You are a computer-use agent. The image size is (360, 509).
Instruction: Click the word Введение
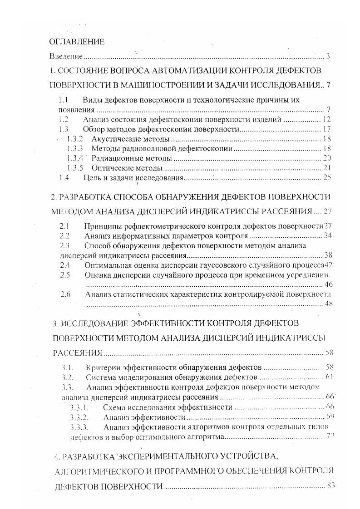(66, 57)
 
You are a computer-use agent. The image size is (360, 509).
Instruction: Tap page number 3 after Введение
(328, 57)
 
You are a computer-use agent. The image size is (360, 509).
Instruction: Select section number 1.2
(63, 120)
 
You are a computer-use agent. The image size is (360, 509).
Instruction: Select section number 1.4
(63, 178)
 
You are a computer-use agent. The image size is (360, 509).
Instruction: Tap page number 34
(328, 236)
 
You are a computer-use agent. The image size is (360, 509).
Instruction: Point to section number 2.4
(65, 264)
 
